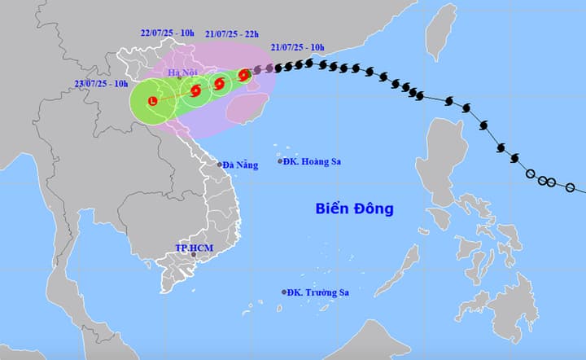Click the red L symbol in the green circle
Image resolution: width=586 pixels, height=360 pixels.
(x=152, y=101)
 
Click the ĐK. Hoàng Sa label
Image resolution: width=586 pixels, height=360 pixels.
(x=313, y=161)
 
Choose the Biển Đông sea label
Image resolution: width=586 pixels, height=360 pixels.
(x=354, y=209)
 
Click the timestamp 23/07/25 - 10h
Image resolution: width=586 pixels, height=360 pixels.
(x=100, y=82)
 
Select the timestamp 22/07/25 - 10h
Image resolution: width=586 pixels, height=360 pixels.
(x=167, y=33)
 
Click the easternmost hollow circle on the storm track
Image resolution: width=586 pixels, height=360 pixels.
(x=570, y=188)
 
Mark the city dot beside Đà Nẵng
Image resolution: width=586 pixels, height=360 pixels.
(x=220, y=165)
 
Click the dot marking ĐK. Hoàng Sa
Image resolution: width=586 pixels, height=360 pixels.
(x=281, y=161)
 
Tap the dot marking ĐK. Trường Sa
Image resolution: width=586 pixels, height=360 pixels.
(x=284, y=292)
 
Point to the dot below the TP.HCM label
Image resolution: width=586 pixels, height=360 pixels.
(x=194, y=255)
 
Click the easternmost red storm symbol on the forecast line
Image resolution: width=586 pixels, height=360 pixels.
(x=243, y=75)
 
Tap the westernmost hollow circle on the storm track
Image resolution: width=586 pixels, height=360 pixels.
(x=530, y=173)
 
